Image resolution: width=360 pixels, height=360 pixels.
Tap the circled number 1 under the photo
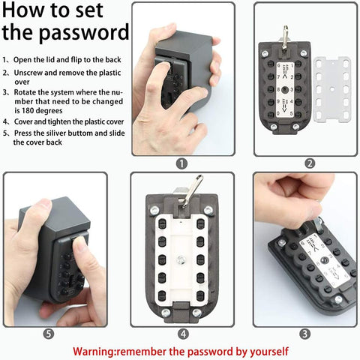(x=181, y=163)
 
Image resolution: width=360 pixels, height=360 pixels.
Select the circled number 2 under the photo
(x=310, y=163)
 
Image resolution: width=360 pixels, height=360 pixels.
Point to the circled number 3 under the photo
(x=304, y=334)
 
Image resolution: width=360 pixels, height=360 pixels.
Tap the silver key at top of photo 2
(x=286, y=33)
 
